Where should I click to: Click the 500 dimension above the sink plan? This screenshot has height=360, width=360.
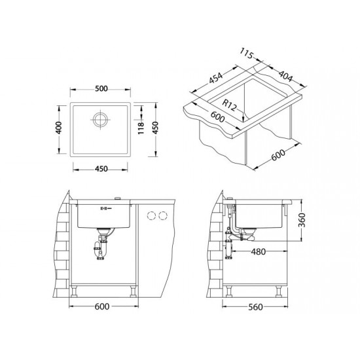click(x=101, y=88)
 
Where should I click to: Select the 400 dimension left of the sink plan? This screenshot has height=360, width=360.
click(x=59, y=128)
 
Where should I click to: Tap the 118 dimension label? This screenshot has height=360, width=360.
click(x=141, y=128)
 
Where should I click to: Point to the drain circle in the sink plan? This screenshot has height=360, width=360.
click(x=100, y=119)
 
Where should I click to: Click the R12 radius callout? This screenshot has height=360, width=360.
click(x=229, y=105)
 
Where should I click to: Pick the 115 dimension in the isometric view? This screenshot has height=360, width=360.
click(x=246, y=54)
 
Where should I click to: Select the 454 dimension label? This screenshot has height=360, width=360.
click(x=216, y=79)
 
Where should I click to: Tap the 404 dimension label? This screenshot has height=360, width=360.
click(x=286, y=76)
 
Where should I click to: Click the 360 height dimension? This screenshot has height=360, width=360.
click(x=302, y=220)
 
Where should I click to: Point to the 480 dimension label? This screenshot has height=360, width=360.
click(x=259, y=252)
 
